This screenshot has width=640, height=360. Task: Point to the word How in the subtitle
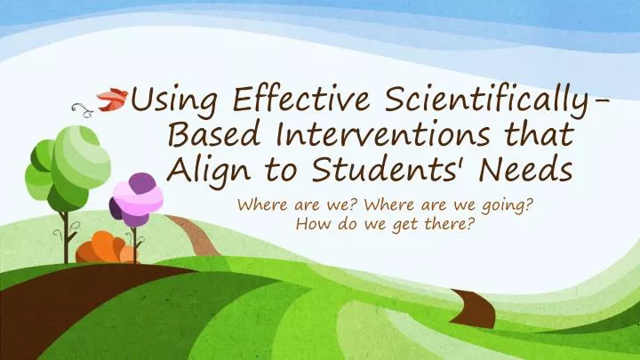coord(308,224)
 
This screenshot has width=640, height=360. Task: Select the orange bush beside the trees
coord(103,250)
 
